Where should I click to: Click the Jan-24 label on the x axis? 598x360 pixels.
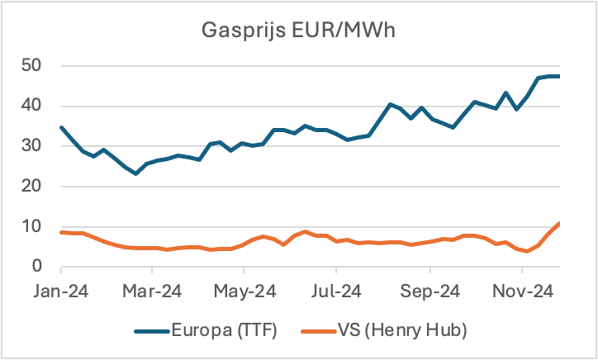pos(61,291)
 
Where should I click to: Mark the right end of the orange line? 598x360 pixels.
pos(560,223)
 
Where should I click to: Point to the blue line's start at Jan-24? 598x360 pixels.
pos(61,127)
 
